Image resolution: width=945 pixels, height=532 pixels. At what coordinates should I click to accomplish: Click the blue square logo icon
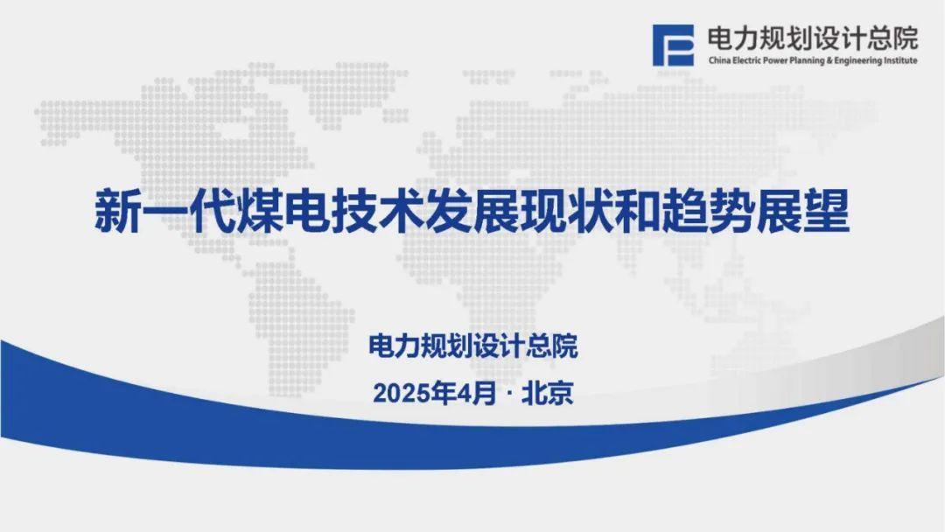(673, 45)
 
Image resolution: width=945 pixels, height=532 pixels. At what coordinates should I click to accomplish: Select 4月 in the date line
(476, 394)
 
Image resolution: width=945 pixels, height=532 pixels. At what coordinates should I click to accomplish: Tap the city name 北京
(547, 394)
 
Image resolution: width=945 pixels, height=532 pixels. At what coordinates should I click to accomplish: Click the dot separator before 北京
(509, 395)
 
